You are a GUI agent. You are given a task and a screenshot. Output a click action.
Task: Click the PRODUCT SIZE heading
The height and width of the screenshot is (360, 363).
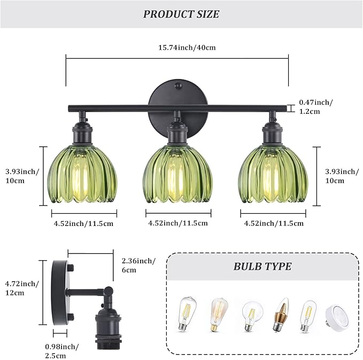click(x=181, y=14)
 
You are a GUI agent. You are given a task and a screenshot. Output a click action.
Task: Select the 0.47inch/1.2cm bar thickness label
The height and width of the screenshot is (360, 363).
click(x=316, y=107)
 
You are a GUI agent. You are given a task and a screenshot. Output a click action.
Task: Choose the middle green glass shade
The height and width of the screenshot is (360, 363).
click(x=178, y=174)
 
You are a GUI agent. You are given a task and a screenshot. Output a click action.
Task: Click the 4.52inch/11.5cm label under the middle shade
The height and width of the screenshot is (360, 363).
click(x=178, y=223)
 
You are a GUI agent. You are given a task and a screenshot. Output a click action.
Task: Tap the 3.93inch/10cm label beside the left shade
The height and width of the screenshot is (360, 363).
click(x=22, y=176)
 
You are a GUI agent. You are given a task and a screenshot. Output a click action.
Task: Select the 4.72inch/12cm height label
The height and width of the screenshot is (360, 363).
click(x=21, y=288)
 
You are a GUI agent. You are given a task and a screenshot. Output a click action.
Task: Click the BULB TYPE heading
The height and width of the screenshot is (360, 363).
click(x=262, y=267)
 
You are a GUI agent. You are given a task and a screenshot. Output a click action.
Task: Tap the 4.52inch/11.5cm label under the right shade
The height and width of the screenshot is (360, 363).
click(x=274, y=223)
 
